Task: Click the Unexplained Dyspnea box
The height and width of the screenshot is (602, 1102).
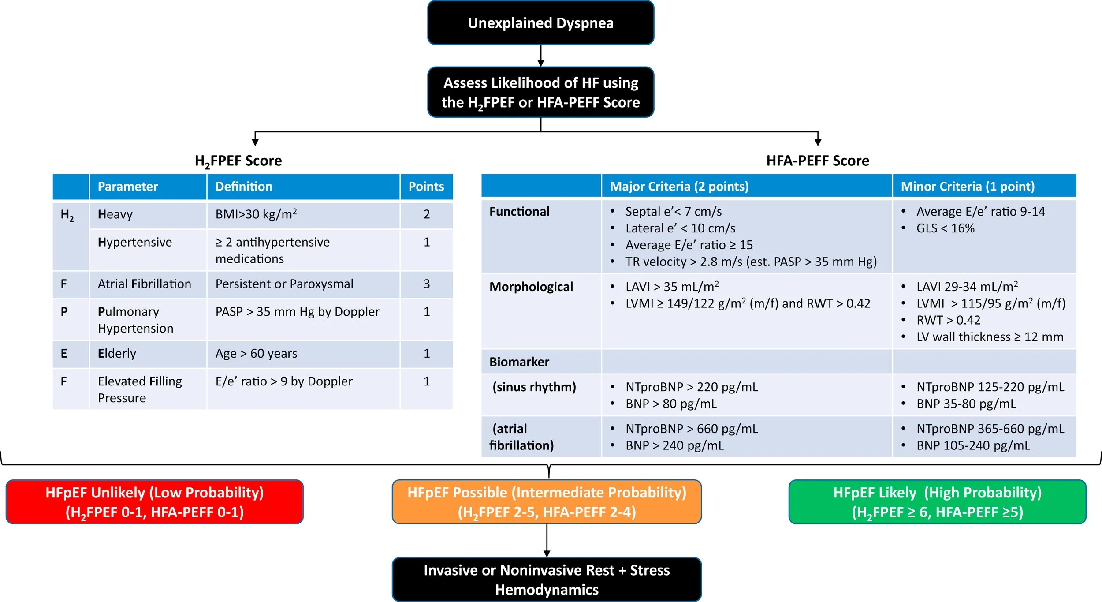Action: pos(540,23)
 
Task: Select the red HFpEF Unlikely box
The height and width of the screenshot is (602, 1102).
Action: pos(154,502)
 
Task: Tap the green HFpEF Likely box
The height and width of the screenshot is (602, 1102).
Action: pos(937,502)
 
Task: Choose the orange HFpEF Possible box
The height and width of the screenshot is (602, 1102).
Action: pos(547,502)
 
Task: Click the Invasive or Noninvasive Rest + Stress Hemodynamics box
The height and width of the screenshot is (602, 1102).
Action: pos(547,580)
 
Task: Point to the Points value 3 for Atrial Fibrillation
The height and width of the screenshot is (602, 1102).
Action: pos(426,284)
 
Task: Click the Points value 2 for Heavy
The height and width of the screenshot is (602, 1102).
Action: pos(426,214)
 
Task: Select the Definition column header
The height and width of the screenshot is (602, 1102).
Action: pos(244,187)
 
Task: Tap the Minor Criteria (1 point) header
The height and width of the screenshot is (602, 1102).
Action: pos(968,187)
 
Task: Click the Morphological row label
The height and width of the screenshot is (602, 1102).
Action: pos(531,287)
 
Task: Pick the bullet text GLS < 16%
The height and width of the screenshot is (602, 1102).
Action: pos(945,228)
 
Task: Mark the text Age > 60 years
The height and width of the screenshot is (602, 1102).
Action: pos(256,354)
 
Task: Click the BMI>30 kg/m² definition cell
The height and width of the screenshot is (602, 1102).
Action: pos(256,214)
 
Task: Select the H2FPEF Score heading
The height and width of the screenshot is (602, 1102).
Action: pos(238,161)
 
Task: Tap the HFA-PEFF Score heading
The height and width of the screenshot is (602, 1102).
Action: pos(818,161)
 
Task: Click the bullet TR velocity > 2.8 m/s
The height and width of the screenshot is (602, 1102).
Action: pos(751,262)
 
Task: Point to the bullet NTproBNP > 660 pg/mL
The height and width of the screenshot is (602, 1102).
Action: pos(692,429)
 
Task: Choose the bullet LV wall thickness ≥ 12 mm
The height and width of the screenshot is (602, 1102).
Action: pos(990,337)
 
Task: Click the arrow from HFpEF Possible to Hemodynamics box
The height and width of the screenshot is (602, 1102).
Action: pos(547,541)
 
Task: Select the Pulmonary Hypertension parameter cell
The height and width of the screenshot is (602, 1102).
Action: pos(135,320)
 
